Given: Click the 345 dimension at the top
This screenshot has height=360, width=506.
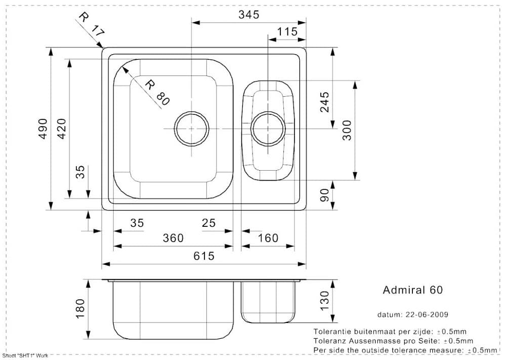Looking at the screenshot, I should point(248,15).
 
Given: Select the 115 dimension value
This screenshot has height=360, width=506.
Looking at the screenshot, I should point(287,32).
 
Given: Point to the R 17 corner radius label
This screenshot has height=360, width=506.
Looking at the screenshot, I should point(91,24).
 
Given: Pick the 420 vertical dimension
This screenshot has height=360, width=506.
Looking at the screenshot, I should point(61,129).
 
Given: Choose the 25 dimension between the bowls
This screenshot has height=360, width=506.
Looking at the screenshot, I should point(208,223).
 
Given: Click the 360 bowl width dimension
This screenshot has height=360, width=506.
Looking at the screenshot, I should point(173,238).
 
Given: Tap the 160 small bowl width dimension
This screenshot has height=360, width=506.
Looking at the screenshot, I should point(268,238).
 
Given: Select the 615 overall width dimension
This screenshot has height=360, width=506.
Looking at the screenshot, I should point(203,256).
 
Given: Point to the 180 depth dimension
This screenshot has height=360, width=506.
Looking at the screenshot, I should point(80,309).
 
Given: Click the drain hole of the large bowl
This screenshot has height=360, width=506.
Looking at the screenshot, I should point(192,128).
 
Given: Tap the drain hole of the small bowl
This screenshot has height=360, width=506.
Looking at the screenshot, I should point(268,128).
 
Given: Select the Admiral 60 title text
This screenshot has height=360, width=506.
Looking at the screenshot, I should point(412,290).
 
